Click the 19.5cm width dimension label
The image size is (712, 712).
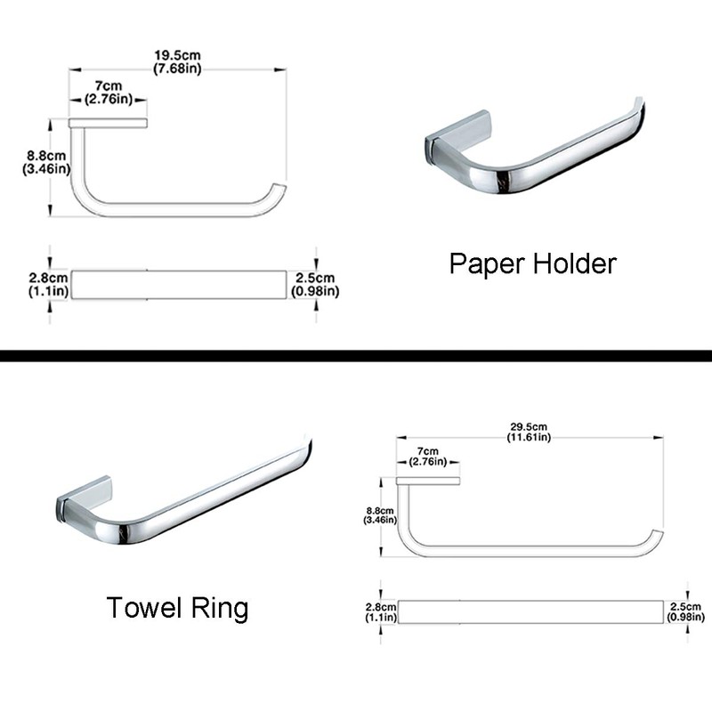point(176,57)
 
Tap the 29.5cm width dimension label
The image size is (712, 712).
point(529,431)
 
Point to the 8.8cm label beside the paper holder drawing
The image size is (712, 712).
point(46,162)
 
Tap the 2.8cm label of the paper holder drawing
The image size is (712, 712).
point(45,284)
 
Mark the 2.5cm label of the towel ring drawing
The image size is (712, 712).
point(685,611)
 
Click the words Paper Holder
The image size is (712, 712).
point(532,264)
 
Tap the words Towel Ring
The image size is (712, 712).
point(177,608)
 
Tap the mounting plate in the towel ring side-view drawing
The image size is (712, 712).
point(428,481)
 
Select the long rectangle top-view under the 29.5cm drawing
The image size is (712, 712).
point(529,611)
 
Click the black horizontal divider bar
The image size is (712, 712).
point(356,355)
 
